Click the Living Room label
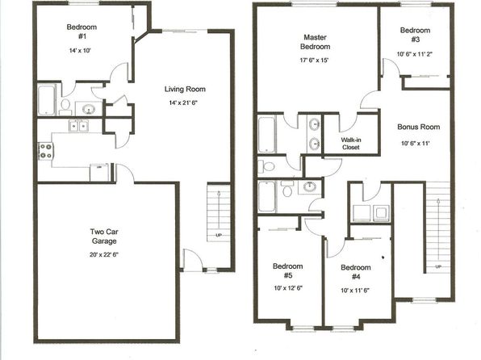click(x=185, y=89)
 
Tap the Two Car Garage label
click(x=104, y=236)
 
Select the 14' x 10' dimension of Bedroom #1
click(x=80, y=50)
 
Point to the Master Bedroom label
click(x=315, y=42)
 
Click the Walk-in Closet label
click(x=351, y=144)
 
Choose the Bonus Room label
click(x=418, y=127)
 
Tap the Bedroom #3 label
click(x=415, y=35)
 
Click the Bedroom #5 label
click(x=288, y=270)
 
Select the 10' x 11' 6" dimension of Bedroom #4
click(x=355, y=291)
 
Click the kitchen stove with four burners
click(x=46, y=151)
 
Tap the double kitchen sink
click(x=79, y=126)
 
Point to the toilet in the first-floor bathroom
click(x=65, y=107)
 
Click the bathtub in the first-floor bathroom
click(x=47, y=100)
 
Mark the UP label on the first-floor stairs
click(x=219, y=236)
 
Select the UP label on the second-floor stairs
click(x=438, y=266)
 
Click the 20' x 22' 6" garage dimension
click(x=104, y=254)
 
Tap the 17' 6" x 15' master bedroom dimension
click(x=314, y=61)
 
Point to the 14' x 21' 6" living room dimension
click(x=183, y=103)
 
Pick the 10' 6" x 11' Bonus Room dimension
click(x=415, y=143)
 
